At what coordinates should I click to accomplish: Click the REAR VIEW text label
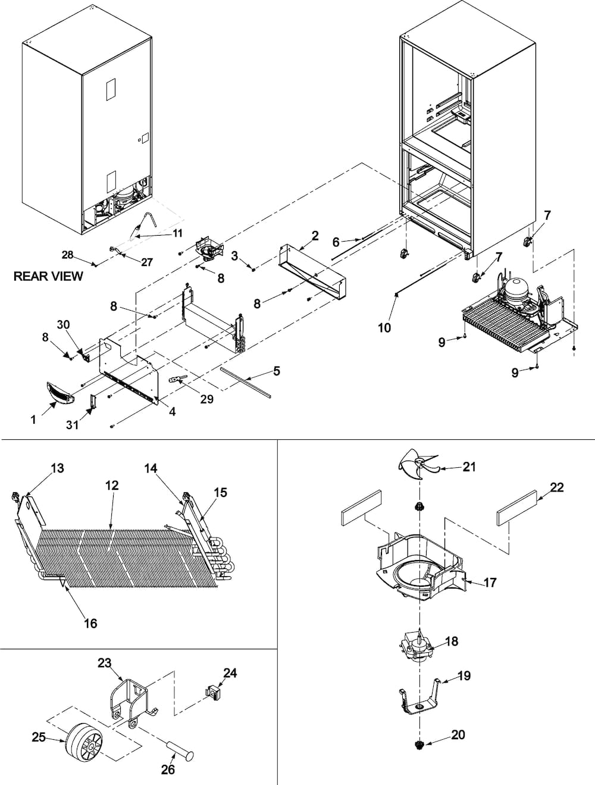pos(48,276)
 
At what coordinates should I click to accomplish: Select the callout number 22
pos(556,488)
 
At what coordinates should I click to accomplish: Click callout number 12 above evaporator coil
pos(111,485)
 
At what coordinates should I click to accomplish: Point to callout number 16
pos(91,623)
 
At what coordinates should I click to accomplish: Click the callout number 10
pos(384,327)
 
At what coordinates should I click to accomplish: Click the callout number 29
pos(206,399)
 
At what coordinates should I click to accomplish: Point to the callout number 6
pos(336,242)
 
